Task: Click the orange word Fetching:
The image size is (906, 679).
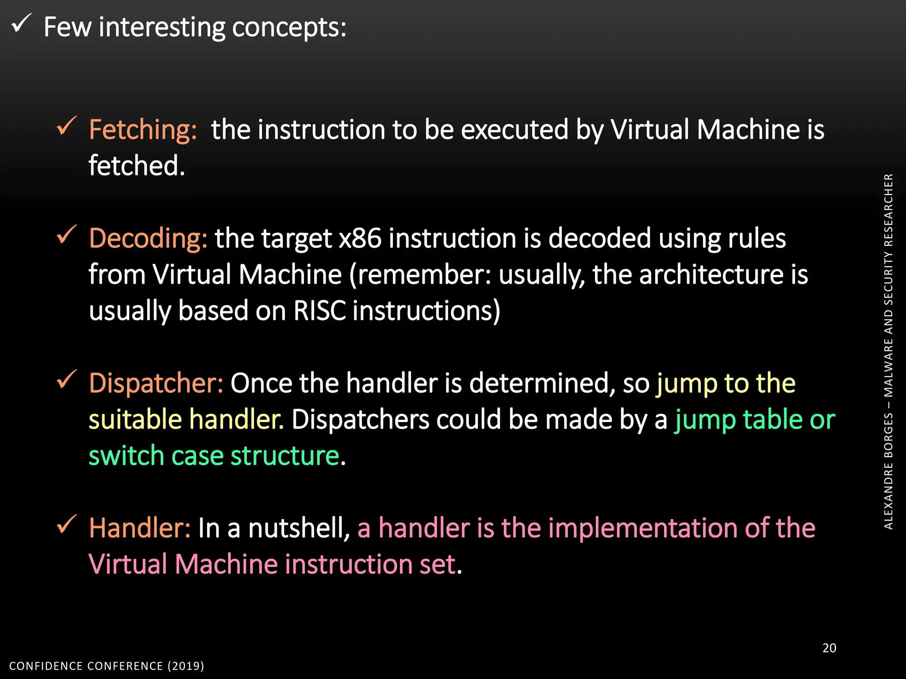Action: coord(142,130)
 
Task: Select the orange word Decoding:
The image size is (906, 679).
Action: coord(148,239)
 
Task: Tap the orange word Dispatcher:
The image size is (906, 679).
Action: coord(156,383)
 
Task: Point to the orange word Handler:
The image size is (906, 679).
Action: coord(139,528)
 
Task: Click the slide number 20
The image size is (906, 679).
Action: coord(829,648)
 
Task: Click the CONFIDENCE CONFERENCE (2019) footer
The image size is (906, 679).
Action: coord(107,666)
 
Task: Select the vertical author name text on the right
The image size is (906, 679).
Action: coord(888,351)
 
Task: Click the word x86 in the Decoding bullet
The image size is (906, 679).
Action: coord(360,239)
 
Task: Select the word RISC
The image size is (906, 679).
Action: coord(319,311)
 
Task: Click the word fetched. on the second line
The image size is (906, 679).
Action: coord(137,166)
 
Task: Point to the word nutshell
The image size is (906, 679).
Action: coord(299,528)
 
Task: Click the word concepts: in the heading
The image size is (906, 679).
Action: coord(289,27)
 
